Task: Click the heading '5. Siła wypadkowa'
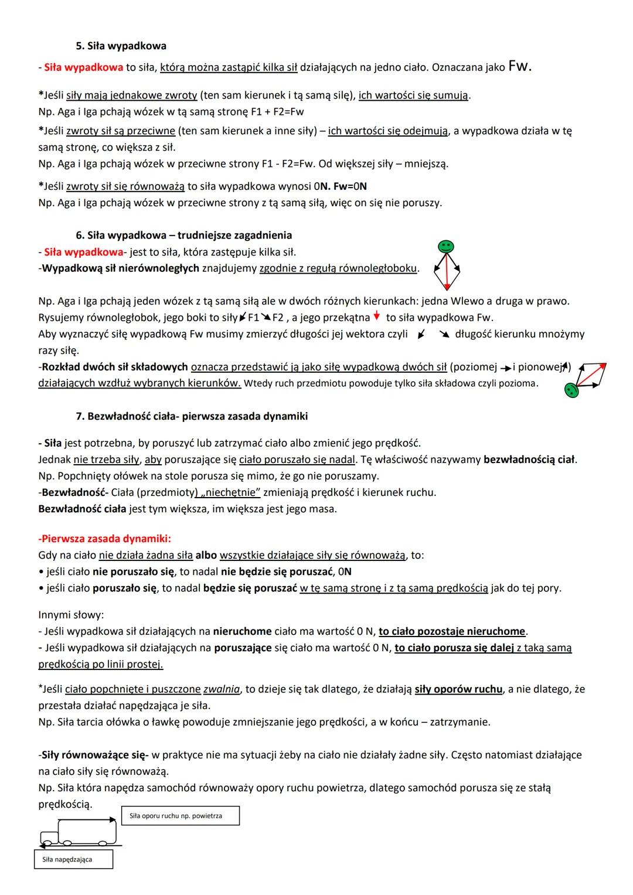click(121, 46)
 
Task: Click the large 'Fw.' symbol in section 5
click(520, 66)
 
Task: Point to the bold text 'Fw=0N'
click(350, 186)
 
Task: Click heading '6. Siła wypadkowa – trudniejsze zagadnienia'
click(183, 235)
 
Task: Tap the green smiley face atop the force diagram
click(447, 247)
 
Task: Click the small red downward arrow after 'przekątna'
click(376, 317)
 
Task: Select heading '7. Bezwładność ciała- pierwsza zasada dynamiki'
click(192, 416)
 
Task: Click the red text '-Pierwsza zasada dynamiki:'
click(105, 538)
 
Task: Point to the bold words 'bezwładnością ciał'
click(529, 460)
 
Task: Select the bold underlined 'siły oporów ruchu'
click(458, 689)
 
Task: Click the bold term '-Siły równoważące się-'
click(94, 755)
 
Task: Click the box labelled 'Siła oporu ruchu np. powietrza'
click(181, 816)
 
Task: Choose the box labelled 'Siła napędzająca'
click(73, 860)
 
